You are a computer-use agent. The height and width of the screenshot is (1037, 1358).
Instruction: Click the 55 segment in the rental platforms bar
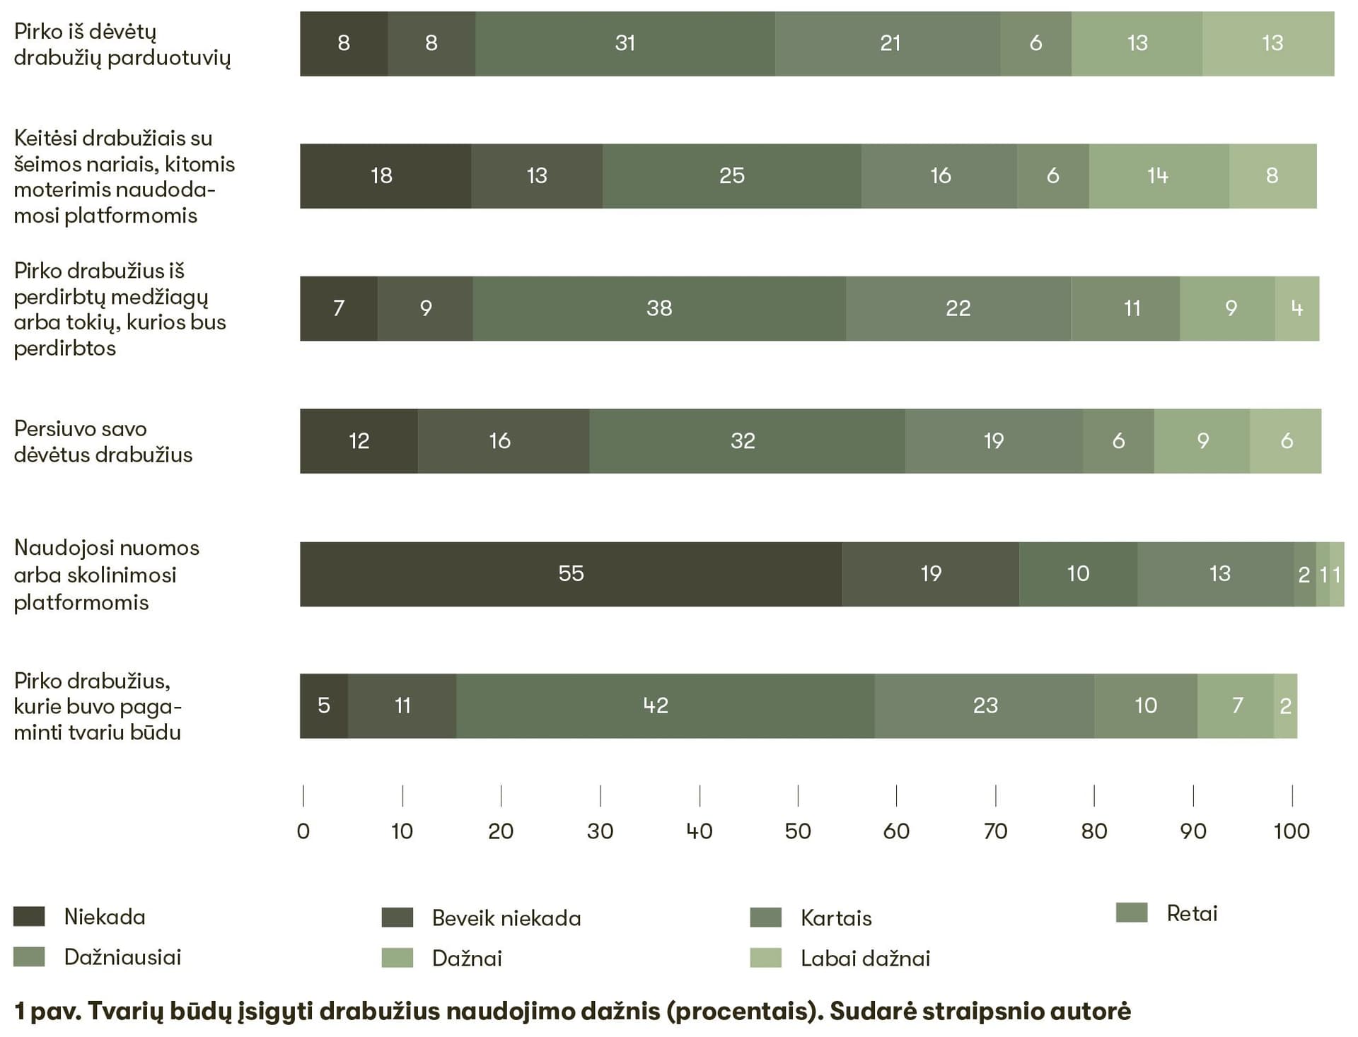571,573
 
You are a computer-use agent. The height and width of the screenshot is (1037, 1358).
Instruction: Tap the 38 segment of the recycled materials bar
659,308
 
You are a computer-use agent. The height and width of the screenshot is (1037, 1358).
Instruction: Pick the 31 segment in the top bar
625,43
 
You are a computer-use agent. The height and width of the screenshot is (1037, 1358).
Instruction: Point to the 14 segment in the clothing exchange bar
1159,176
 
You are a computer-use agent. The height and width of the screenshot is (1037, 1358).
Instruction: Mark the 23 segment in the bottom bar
985,705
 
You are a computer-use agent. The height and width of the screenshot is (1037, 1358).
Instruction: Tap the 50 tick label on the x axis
798,831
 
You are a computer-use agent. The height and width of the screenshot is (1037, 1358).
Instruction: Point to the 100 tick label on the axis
1292,831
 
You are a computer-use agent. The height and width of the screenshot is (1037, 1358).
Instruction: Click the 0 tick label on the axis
303,831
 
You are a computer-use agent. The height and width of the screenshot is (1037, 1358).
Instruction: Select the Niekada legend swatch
29,916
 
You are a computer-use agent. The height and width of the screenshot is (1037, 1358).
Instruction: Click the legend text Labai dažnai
865,959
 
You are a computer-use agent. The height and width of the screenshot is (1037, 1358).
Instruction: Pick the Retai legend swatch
1131,913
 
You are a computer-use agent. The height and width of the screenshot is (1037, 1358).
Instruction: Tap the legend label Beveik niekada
506,918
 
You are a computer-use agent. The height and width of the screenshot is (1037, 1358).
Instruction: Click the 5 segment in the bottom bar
324,705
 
